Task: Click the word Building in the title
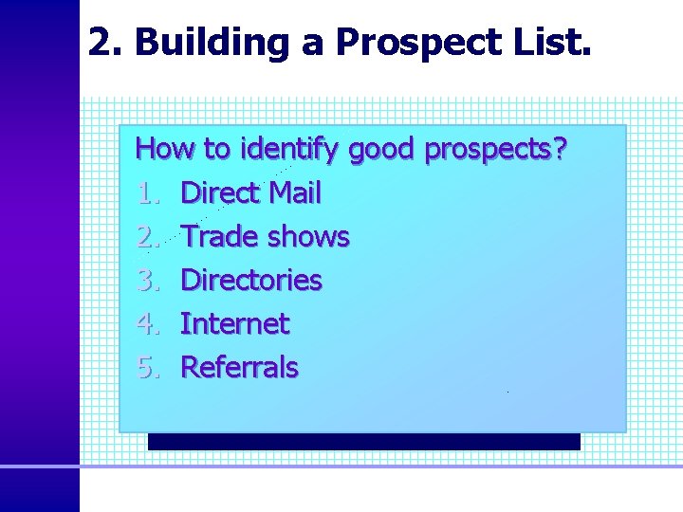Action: [198, 43]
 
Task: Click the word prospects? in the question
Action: [497, 150]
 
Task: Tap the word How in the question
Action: [165, 149]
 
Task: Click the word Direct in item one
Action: [220, 193]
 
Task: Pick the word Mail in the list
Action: [295, 193]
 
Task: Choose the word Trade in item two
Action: [219, 237]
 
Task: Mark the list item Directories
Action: [251, 281]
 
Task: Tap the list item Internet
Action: [234, 324]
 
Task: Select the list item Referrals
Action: [239, 368]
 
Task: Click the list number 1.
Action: [145, 193]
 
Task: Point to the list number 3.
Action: [145, 281]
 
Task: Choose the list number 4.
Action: [145, 324]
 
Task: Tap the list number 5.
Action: [145, 368]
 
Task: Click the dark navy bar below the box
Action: [363, 442]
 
